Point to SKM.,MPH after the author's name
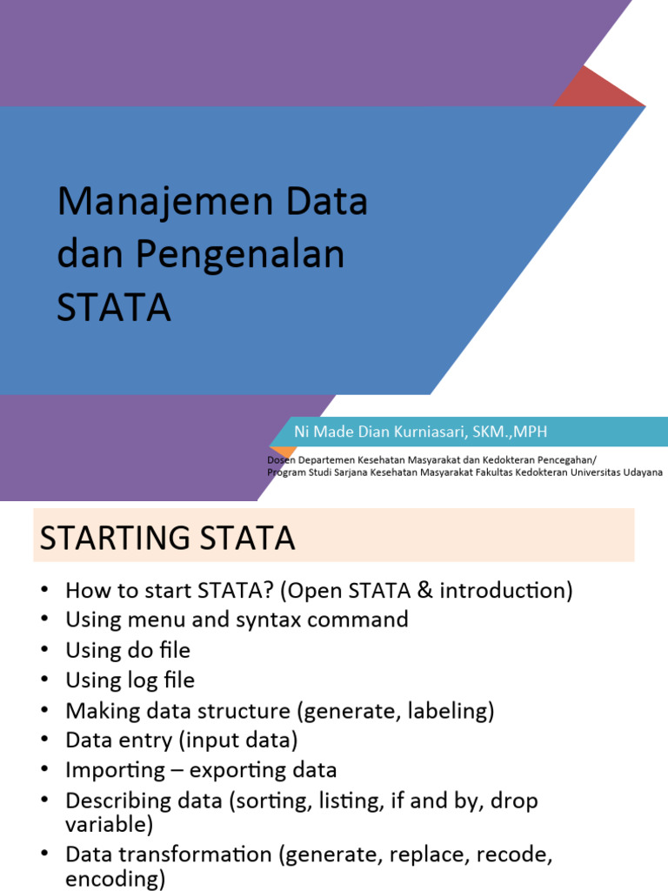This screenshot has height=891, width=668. pos(506,432)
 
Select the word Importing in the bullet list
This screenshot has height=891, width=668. pos(115,771)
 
